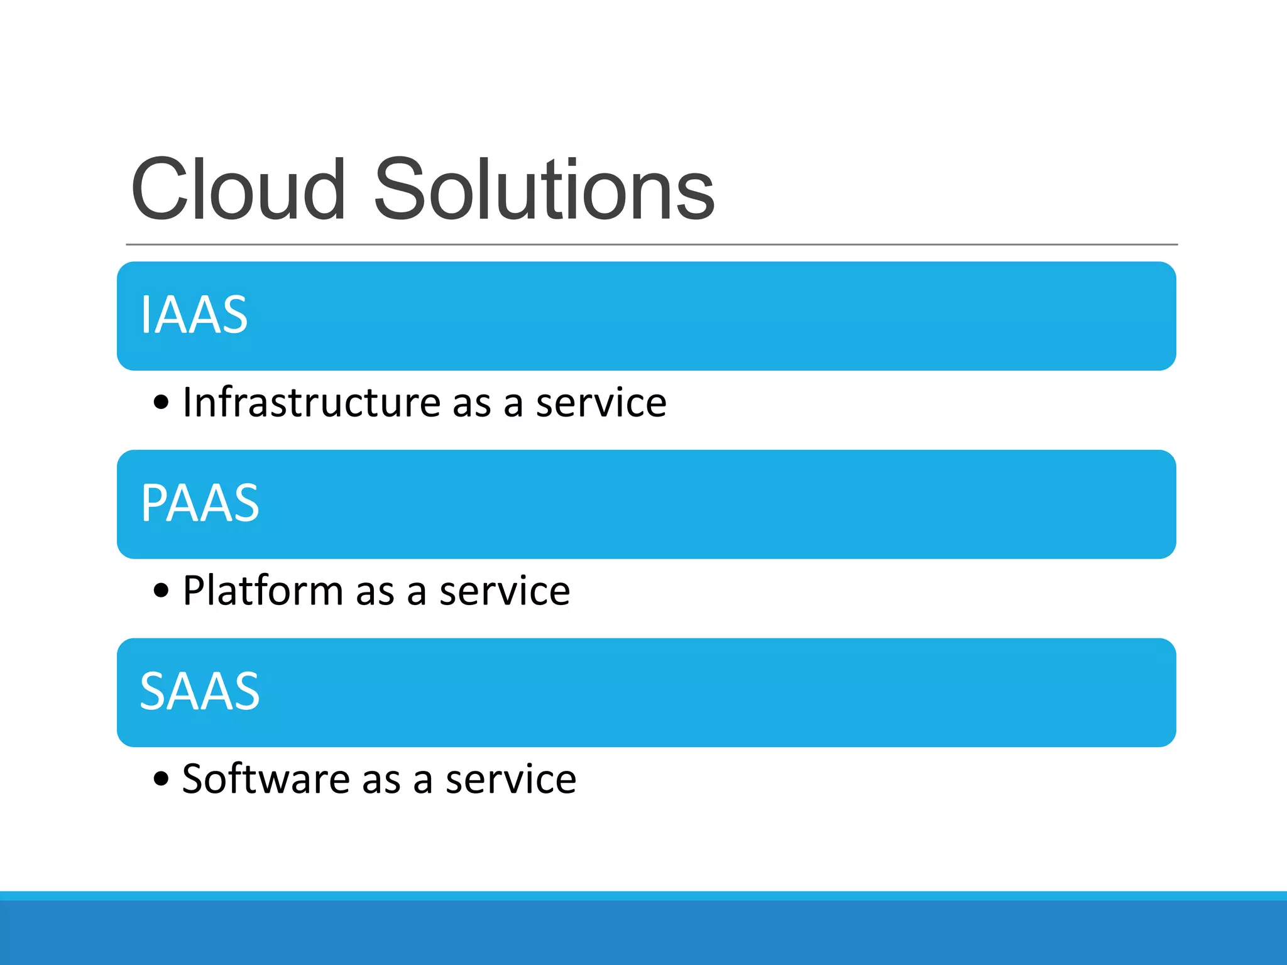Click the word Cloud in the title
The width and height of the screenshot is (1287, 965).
click(238, 190)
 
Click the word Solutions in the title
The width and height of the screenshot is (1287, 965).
click(544, 190)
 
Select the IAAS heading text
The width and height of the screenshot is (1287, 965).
click(194, 315)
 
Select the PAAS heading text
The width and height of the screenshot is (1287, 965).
click(200, 503)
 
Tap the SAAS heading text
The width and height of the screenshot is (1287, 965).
click(199, 691)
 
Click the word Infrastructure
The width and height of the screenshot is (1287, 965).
click(312, 402)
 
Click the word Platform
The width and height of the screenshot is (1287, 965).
click(263, 591)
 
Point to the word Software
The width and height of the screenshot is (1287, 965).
click(266, 779)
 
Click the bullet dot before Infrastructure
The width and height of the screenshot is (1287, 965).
click(162, 402)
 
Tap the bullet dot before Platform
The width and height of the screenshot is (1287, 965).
click(162, 591)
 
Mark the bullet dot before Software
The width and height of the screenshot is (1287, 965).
click(162, 779)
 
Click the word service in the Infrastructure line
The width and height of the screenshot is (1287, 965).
click(601, 403)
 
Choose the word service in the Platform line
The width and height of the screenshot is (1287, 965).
click(505, 592)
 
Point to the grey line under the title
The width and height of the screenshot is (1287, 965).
click(651, 244)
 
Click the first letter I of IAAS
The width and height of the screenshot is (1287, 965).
click(145, 315)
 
